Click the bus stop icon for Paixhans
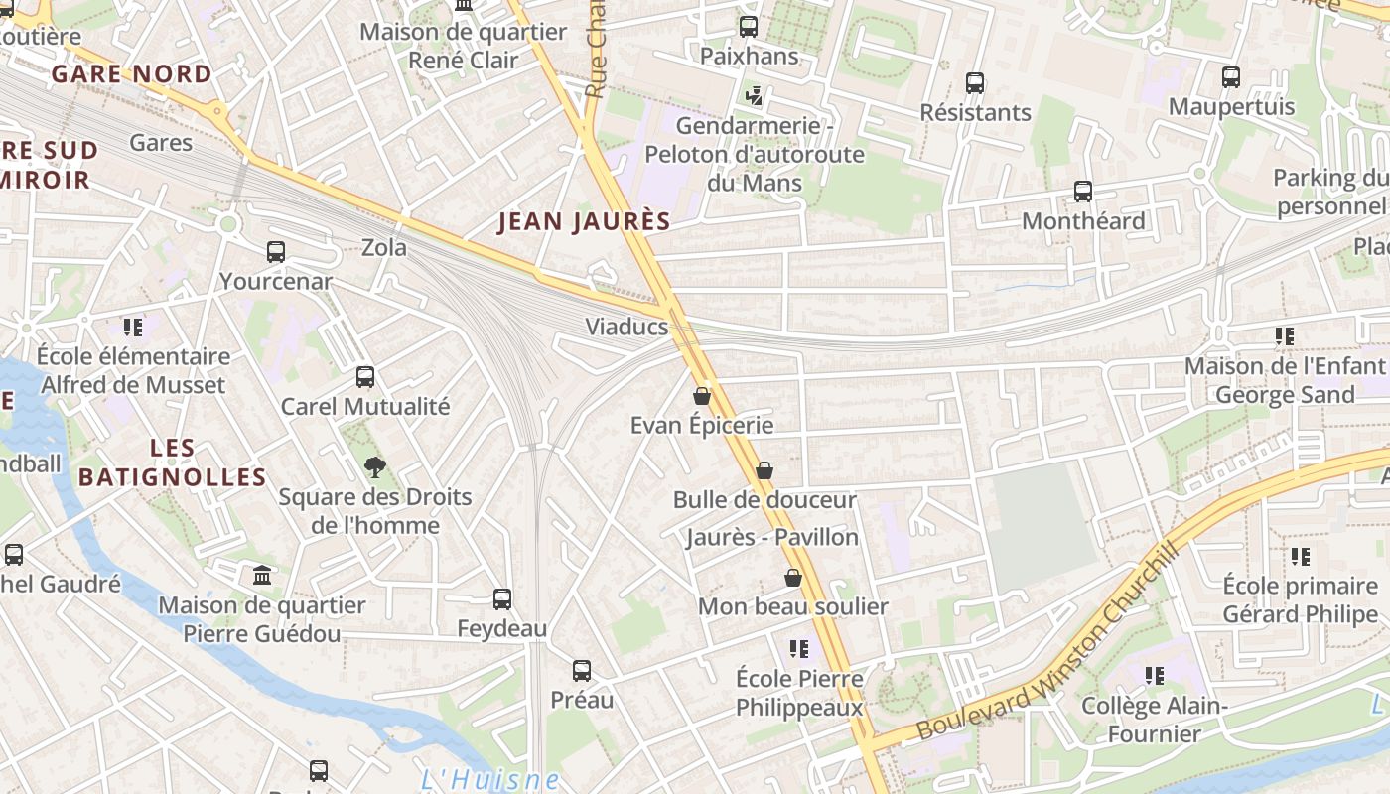[749, 27]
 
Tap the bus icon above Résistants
[975, 83]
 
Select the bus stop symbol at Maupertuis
[1231, 77]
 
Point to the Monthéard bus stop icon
[1083, 192]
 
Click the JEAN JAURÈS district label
[584, 221]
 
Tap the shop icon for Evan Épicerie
[702, 396]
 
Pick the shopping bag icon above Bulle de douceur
[764, 470]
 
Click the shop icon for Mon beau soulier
[793, 577]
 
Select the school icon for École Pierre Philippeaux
[799, 649]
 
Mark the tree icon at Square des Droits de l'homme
[375, 466]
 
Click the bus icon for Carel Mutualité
[365, 377]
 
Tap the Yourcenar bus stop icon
[276, 252]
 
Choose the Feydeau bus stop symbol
[502, 599]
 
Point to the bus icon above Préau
[582, 671]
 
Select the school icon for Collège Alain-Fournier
[1155, 676]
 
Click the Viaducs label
[626, 327]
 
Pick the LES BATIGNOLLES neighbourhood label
[173, 463]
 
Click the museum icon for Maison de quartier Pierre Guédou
[262, 576]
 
